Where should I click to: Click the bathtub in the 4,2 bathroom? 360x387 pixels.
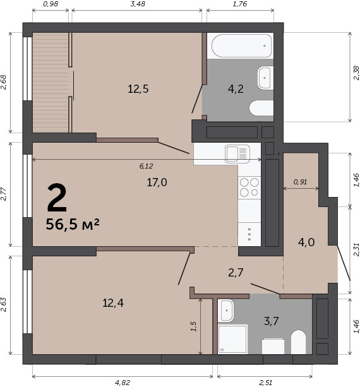[241, 46]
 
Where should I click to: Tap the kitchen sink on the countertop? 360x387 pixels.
[237, 154]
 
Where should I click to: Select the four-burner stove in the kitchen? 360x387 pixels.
[249, 188]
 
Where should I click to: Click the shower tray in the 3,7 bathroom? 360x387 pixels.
[232, 339]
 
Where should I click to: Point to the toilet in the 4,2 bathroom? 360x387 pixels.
[261, 108]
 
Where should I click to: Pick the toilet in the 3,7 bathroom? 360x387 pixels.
[298, 342]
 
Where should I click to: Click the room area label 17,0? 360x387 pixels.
[157, 182]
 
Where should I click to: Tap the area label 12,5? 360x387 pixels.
[138, 89]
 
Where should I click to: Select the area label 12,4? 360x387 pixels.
[113, 303]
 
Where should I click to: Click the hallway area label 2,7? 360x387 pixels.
[236, 273]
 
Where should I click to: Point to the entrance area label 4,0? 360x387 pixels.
[306, 242]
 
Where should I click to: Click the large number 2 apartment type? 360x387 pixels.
[57, 198]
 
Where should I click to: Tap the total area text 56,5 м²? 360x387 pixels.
[73, 224]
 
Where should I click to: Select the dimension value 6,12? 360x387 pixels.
[146, 166]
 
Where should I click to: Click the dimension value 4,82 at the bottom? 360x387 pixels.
[123, 383]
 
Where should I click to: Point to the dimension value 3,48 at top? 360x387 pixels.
[138, 4]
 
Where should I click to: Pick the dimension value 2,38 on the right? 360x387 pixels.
[356, 73]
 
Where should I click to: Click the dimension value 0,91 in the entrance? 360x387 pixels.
[300, 182]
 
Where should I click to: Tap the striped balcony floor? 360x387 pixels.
[51, 83]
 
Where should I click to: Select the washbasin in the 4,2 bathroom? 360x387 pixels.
[265, 78]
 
